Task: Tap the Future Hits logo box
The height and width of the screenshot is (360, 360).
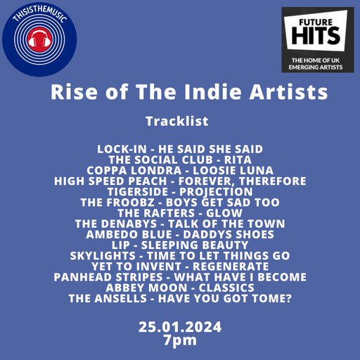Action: point(317,39)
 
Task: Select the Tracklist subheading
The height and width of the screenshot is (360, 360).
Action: point(176,121)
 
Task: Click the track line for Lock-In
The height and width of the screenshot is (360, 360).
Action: point(179,150)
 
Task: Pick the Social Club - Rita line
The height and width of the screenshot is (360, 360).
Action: point(180,160)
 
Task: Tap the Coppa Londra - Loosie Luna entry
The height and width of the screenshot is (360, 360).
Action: point(180,171)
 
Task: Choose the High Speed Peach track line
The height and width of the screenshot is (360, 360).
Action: point(180,181)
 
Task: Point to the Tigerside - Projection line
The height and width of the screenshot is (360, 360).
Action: point(180,192)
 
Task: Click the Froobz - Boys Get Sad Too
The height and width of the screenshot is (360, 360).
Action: point(180,202)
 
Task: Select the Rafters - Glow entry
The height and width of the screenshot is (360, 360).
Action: point(180,213)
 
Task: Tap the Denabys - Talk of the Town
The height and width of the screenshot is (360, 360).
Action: point(180,224)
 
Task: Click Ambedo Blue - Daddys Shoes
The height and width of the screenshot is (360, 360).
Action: point(180,235)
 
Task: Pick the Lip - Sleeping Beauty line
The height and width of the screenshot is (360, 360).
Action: point(180,245)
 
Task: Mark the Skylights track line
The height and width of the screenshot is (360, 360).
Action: point(180,256)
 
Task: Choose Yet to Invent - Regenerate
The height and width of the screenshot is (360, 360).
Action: point(180,266)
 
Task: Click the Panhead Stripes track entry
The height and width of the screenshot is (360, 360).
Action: point(180,277)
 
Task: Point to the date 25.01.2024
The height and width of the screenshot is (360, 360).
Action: point(180,326)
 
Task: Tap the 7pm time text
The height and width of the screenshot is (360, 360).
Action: point(180,340)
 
